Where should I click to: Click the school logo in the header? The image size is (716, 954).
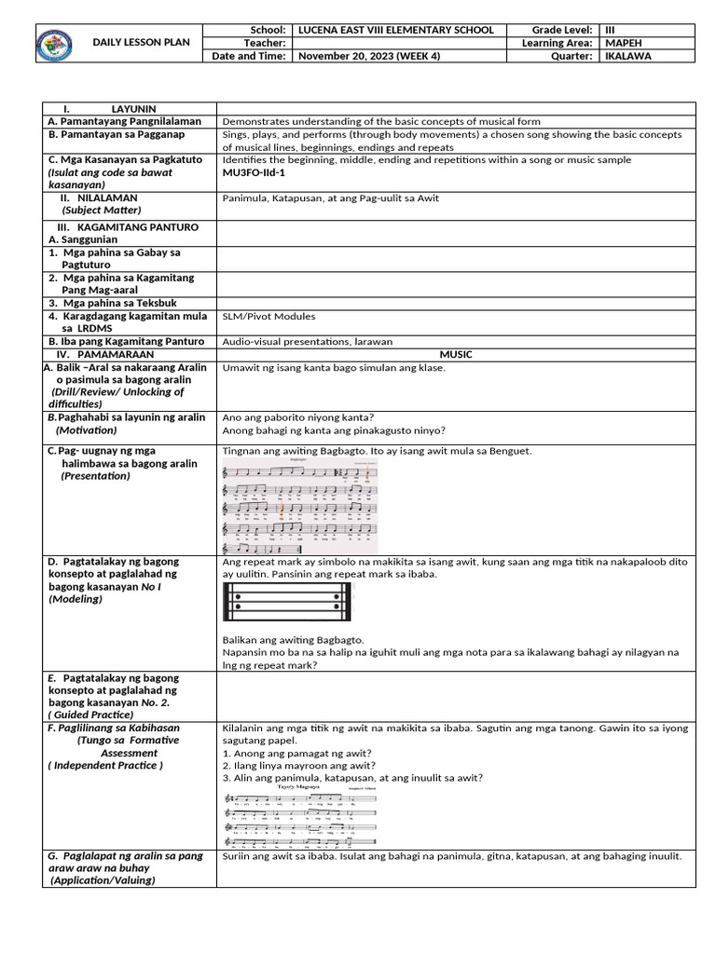coord(53,43)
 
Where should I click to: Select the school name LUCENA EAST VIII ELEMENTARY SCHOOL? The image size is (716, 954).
coord(395,30)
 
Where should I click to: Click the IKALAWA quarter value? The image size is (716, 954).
coord(629,56)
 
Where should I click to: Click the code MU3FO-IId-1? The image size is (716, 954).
coord(254,172)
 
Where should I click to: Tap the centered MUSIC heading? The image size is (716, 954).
coord(456,354)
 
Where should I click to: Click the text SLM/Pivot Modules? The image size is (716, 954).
coord(268,317)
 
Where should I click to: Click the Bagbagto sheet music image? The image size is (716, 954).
coord(300,505)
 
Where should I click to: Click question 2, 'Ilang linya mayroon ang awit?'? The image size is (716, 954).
coord(292,765)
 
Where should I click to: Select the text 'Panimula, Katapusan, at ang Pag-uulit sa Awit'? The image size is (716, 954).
coord(330,198)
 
